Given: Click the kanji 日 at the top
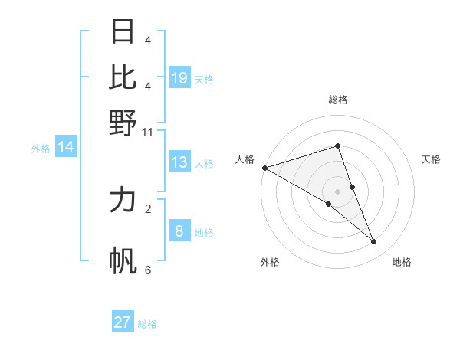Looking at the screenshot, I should point(123,32).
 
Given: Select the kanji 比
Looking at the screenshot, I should point(123,77).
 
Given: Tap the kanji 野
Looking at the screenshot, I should point(123,123).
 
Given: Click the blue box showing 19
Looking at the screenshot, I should point(179,78).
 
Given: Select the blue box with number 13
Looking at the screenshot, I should point(179,162).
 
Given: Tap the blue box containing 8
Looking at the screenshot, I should point(179,231).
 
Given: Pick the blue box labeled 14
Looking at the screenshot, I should point(66,148).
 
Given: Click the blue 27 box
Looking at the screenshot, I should point(123,322).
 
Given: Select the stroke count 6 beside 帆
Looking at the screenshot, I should point(148,270).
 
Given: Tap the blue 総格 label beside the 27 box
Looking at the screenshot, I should point(147,324).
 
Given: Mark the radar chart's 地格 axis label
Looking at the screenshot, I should point(402,262).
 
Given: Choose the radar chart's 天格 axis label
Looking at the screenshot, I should point(431,159).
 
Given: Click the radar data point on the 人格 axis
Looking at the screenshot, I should point(264,167).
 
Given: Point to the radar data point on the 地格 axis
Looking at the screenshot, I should point(374,242).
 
